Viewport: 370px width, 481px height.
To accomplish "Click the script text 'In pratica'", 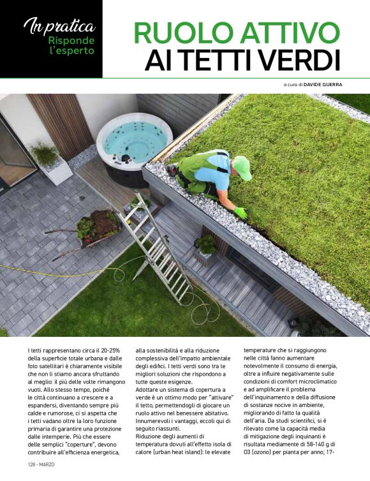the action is click(x=59, y=27).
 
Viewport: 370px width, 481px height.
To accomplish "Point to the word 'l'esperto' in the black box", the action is click(x=71, y=50).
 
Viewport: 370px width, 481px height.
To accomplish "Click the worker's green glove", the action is click(x=241, y=212).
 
